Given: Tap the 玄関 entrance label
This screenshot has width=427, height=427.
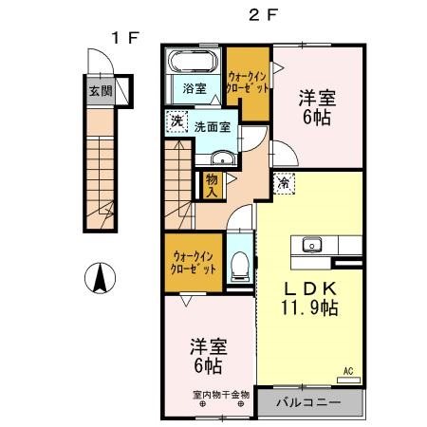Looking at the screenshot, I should coord(100,92).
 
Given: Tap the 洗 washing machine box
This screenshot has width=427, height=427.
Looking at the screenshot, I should coord(176,121).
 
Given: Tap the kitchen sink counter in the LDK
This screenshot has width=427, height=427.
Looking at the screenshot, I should coord(312,245).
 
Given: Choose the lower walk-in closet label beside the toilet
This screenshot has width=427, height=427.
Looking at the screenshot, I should coord(194,262).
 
